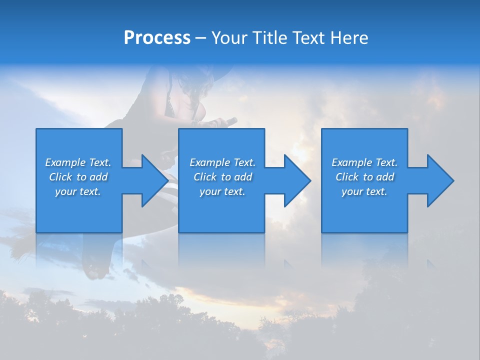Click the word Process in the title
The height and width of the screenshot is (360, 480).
tap(157, 38)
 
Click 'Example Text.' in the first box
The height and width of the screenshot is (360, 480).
tap(78, 162)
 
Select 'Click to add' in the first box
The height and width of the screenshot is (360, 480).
tap(78, 177)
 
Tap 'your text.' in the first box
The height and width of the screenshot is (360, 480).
tap(78, 191)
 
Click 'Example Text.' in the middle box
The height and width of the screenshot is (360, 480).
tap(222, 162)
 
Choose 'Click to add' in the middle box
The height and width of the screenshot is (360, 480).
tap(222, 177)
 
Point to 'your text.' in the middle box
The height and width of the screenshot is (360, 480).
tap(222, 191)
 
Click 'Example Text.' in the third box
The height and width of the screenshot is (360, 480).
tap(364, 162)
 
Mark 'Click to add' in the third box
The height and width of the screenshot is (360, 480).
tap(364, 177)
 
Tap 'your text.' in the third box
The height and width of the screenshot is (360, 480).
tap(364, 191)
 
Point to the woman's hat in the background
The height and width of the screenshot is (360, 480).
tap(200, 75)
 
